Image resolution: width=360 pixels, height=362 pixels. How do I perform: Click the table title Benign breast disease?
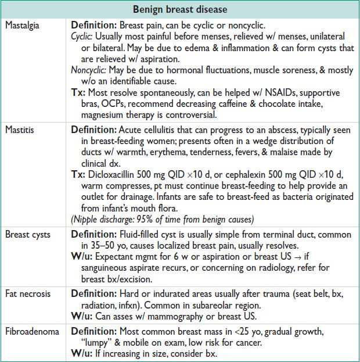pos(180,10)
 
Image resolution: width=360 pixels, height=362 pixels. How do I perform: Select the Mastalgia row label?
pos(22,26)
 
